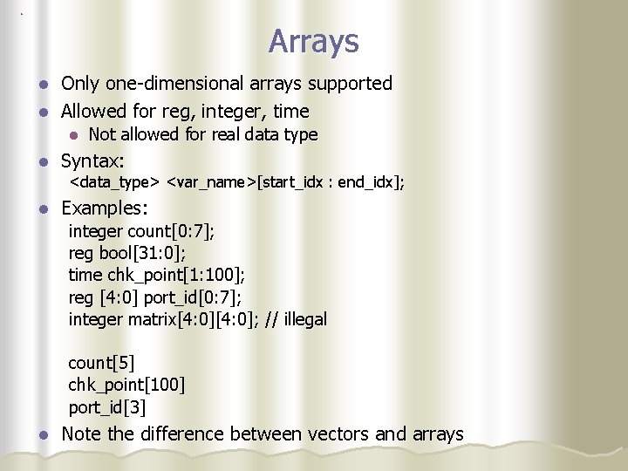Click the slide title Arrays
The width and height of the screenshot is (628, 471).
click(x=313, y=41)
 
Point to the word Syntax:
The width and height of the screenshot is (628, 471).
click(x=92, y=161)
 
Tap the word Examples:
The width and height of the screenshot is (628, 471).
click(x=105, y=209)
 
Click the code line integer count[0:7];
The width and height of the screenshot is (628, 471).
click(x=141, y=231)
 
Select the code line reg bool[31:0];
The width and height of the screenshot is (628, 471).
click(x=126, y=253)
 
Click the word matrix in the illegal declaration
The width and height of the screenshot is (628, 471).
click(x=152, y=319)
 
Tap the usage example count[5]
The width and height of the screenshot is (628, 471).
click(x=101, y=363)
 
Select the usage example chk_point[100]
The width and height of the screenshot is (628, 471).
click(x=126, y=385)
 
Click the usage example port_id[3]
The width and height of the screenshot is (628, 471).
click(x=107, y=407)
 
